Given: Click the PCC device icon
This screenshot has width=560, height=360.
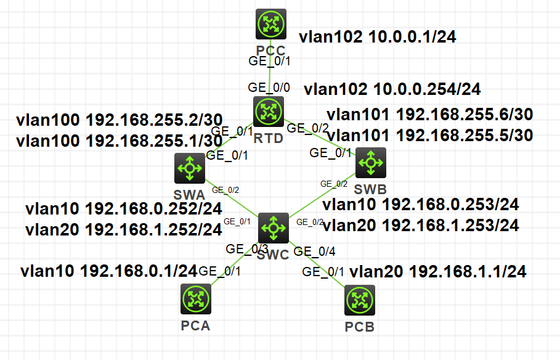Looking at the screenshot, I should click(x=272, y=24).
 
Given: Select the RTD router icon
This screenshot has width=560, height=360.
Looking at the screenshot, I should click(x=269, y=111).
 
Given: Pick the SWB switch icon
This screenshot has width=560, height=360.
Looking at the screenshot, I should click(x=370, y=163).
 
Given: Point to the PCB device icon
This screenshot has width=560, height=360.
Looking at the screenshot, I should click(x=360, y=301).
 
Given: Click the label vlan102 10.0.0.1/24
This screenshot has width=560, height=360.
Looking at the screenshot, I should click(x=377, y=37).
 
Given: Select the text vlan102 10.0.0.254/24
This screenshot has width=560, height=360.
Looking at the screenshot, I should click(x=392, y=89).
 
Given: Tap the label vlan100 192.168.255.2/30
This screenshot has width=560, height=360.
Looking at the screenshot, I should click(x=120, y=120).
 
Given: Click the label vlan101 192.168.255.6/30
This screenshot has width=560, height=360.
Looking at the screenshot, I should click(x=429, y=115).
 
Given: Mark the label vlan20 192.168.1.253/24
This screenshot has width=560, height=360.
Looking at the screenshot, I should click(x=421, y=226).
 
